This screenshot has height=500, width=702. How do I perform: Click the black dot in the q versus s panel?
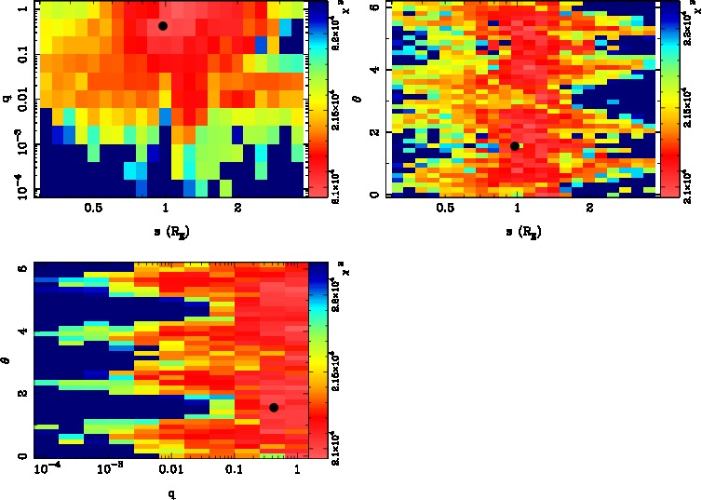163,26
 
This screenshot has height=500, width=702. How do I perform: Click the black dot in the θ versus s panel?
515,146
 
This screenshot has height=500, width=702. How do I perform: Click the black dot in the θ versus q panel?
274,408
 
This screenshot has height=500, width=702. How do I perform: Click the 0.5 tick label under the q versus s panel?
93,209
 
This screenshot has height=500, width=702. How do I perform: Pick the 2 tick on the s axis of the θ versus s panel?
590,209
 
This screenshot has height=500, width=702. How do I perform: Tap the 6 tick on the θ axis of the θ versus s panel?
372,7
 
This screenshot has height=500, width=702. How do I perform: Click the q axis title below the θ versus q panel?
170,493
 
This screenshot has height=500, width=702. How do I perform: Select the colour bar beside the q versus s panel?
317,99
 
